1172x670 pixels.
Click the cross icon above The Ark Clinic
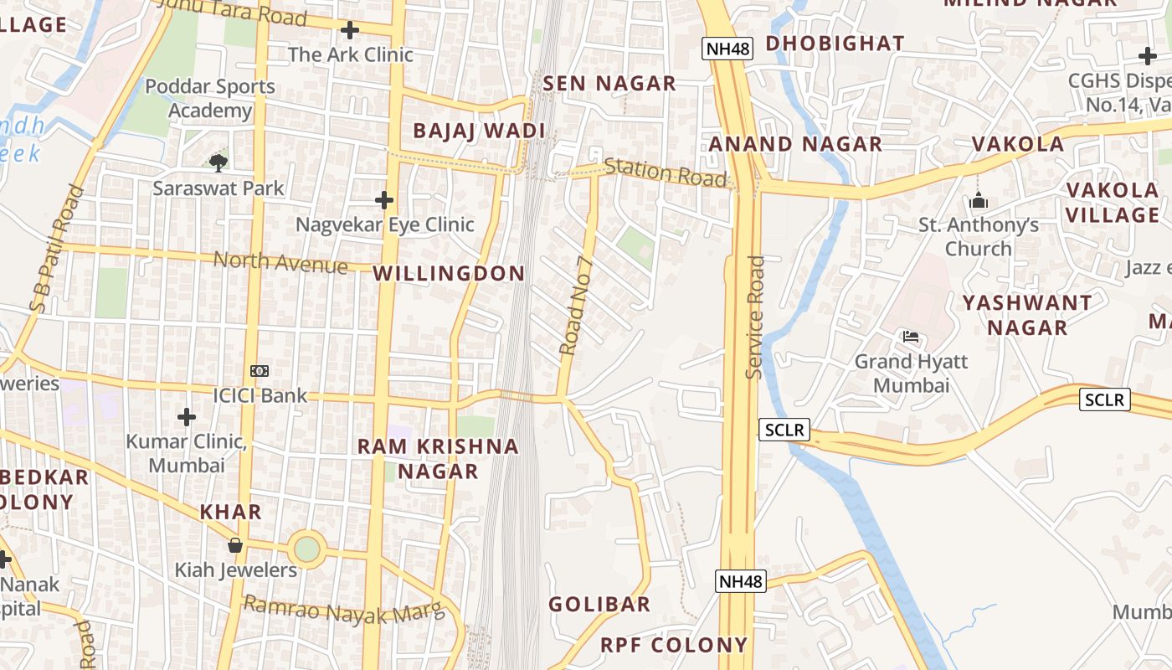pos(350,31)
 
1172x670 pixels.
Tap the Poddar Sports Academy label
pos(209,98)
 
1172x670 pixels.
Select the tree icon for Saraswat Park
pos(218,162)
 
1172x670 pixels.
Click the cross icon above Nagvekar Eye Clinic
pos(384,200)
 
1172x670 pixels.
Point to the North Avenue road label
pos(280,262)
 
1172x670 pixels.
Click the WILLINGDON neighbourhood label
pos(449,273)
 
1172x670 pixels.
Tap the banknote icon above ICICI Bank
pos(260,370)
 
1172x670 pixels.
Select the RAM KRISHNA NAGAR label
pos(438,458)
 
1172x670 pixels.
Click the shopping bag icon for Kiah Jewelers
pos(235,545)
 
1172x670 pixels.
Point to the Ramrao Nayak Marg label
pos(343,611)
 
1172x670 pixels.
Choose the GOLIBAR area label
pos(599,604)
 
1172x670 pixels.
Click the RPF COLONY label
pos(674,645)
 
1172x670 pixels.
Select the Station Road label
pos(666,172)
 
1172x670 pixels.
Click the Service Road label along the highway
pos(755,317)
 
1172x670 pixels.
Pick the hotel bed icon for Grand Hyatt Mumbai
pos(911,337)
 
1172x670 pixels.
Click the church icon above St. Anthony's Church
pos(978,201)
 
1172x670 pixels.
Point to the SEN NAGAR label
pos(609,83)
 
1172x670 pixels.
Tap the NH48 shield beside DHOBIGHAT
pos(727,49)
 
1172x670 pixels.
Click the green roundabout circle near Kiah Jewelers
pos(307,549)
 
